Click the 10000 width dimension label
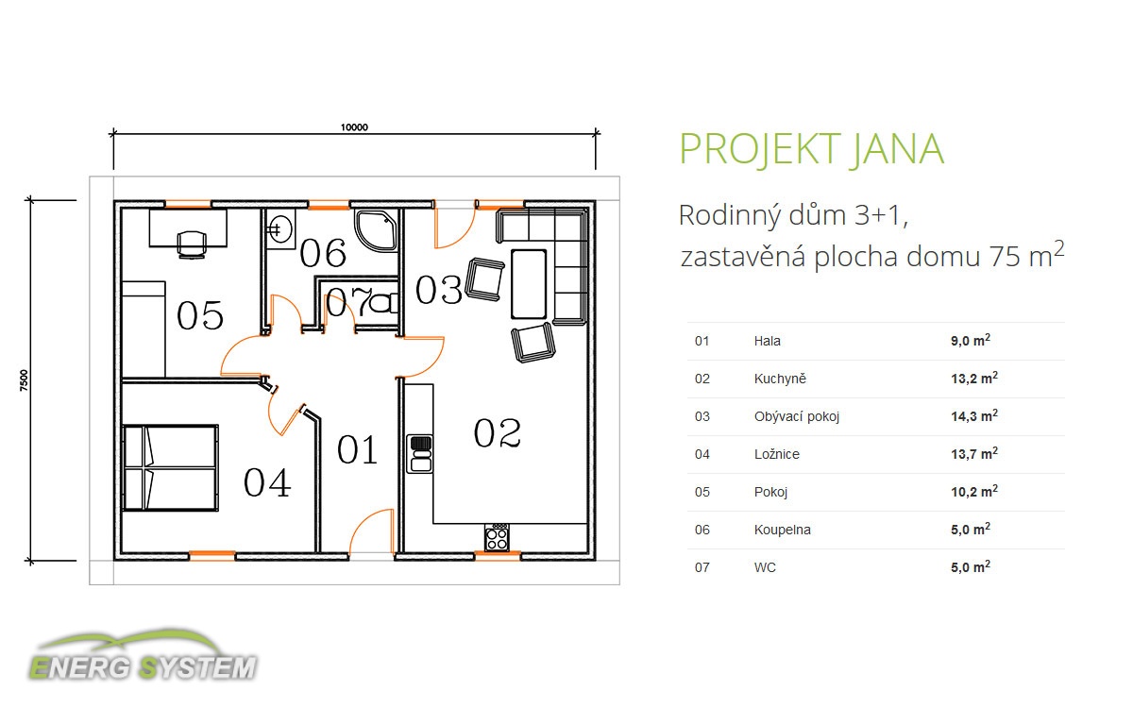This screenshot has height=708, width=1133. click(x=354, y=126)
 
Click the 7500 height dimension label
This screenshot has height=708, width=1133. click(x=24, y=380)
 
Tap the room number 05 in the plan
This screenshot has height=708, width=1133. click(x=200, y=315)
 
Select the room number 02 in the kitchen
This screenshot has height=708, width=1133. click(x=498, y=433)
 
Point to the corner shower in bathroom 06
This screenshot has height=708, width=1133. click(x=377, y=230)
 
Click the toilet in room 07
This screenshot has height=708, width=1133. click(x=382, y=303)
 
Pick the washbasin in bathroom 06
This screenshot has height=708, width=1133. click(x=279, y=229)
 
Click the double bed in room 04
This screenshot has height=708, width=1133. click(x=171, y=468)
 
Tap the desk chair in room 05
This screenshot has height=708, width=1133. click(x=192, y=244)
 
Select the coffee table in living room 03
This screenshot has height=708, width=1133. click(x=529, y=284)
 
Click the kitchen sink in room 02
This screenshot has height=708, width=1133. click(x=420, y=454)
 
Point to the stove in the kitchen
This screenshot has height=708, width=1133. click(x=498, y=537)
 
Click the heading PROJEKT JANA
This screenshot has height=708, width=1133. click(x=812, y=149)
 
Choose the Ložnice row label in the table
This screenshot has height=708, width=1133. click(x=776, y=454)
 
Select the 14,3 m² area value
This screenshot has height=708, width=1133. click(x=974, y=415)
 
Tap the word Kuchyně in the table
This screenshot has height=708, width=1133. click(x=780, y=379)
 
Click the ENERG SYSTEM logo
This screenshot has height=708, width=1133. click(x=144, y=657)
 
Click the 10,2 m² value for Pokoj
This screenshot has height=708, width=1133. click(x=974, y=491)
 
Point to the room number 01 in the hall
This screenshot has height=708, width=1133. click(x=357, y=449)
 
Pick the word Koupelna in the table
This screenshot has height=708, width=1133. click(x=782, y=530)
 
